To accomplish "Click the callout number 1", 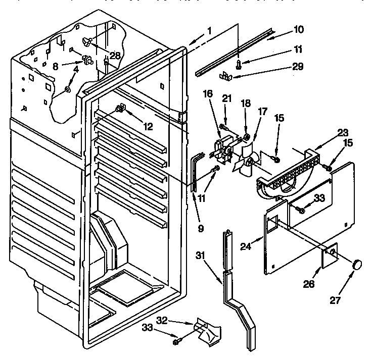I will point(209,31).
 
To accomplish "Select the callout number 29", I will point(298,66).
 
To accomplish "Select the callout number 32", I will point(176,320).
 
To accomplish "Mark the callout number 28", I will point(115,56).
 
